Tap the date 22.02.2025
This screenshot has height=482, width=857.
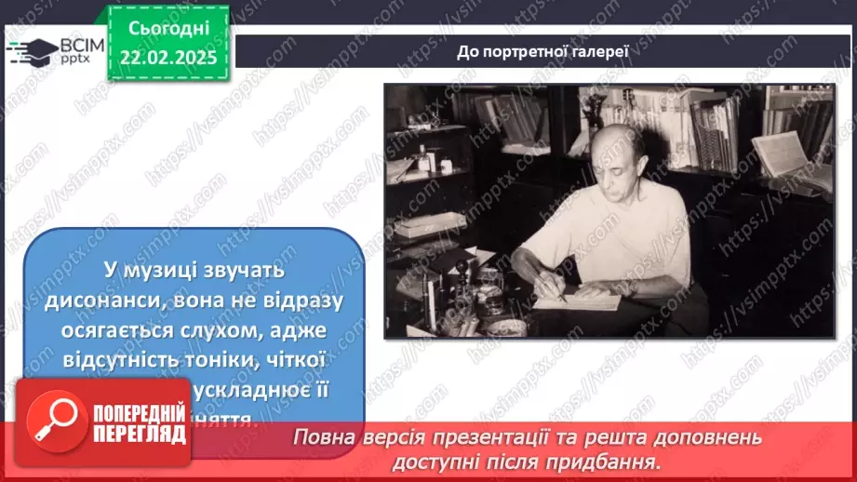(x=168, y=58)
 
